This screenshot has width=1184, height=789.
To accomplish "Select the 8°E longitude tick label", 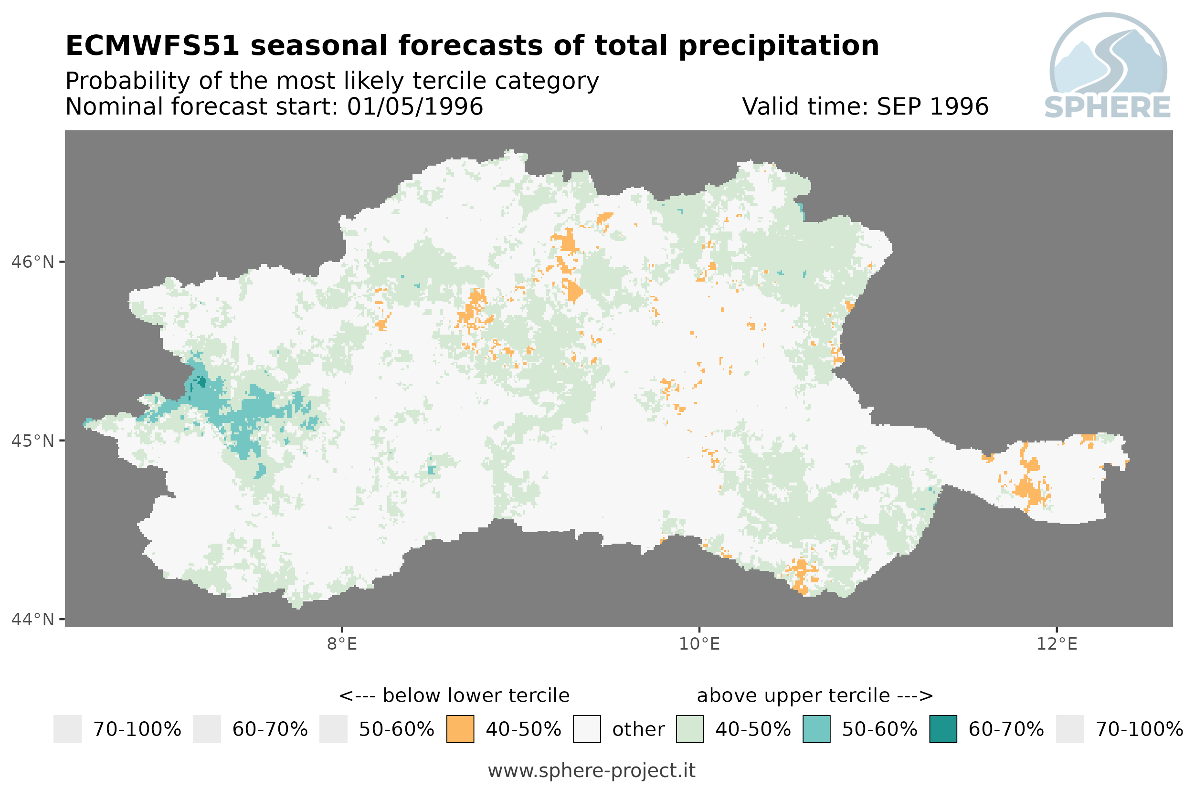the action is coord(342,644).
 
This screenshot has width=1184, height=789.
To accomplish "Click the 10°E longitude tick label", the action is coord(699,644).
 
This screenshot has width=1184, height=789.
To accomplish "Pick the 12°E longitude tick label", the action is coord(1057,644).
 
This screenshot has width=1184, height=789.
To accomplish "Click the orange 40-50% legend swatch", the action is coord(460,729).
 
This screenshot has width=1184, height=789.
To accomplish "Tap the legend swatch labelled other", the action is coord(587,729).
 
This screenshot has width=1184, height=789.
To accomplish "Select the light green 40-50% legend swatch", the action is coord(690,729).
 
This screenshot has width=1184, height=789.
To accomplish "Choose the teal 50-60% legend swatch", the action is coord(817,729).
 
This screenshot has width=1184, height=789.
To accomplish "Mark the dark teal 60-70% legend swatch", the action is coord(943,729).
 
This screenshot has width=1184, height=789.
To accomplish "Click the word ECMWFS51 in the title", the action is coord(152,46).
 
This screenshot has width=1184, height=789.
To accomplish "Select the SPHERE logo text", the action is coord(1108,107).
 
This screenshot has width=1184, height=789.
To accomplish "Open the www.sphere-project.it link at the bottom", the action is coord(592,771).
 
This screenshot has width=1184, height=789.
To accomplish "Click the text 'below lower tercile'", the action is coord(476,695).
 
